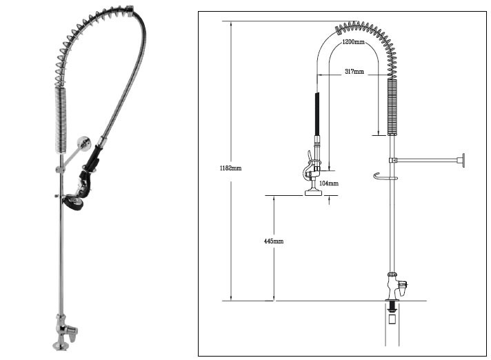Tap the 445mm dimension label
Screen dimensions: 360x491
[x=274, y=241]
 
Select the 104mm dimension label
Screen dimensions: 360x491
[x=330, y=183]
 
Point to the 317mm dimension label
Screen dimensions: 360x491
[x=354, y=71]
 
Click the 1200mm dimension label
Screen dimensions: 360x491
[x=353, y=43]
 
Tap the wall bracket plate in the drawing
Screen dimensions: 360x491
[x=463, y=161]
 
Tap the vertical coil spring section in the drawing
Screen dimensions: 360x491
[x=393, y=107]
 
